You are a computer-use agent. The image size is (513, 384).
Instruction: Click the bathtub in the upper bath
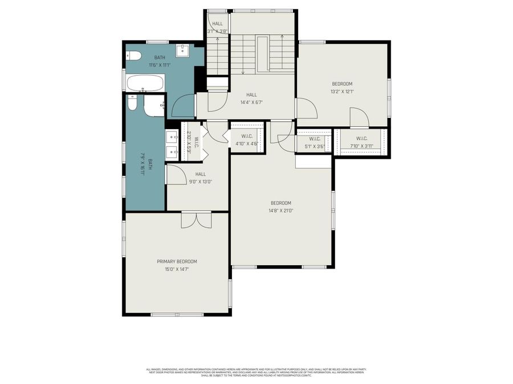[x=144, y=84]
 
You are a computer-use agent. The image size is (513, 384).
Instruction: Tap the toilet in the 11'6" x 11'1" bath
[x=132, y=56]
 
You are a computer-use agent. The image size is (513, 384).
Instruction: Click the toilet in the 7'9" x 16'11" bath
[x=132, y=106]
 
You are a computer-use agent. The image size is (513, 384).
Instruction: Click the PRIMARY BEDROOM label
[x=177, y=262]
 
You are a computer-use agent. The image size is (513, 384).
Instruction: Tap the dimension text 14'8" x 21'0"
[x=281, y=210]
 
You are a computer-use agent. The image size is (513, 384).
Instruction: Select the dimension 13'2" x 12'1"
[x=342, y=92]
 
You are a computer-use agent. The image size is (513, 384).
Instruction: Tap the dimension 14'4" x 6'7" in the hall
[x=251, y=102]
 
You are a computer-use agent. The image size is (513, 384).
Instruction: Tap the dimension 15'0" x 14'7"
[x=177, y=269]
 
